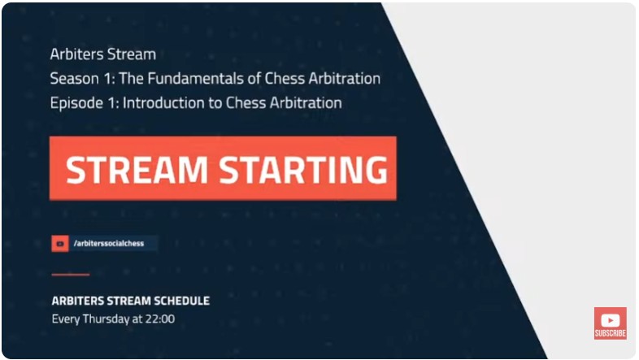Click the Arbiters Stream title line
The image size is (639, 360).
click(x=102, y=55)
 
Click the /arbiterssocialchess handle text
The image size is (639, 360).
click(x=108, y=243)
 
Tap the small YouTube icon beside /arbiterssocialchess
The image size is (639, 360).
click(x=60, y=243)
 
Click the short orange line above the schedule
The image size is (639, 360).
click(x=70, y=275)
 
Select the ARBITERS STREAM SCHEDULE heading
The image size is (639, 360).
click(x=130, y=301)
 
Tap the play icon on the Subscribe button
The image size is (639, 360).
click(x=610, y=320)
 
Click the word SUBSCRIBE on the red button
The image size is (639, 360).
click(x=610, y=334)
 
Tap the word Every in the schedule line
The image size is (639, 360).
click(x=66, y=319)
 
